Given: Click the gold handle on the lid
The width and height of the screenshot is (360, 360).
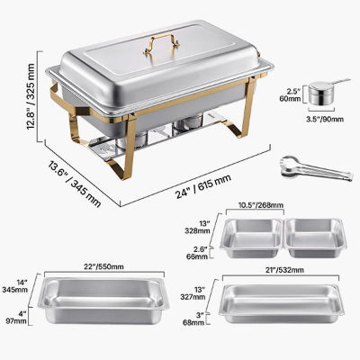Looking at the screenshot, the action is [161, 40].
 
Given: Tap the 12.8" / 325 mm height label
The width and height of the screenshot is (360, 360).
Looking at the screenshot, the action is [31, 96].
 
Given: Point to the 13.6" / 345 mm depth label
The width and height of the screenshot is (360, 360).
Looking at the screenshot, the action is [75, 184].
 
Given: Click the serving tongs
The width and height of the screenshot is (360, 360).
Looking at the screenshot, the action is [316, 168].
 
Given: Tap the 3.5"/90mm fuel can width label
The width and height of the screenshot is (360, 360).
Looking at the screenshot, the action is [325, 119].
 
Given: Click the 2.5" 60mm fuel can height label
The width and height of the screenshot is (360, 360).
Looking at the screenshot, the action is [293, 94].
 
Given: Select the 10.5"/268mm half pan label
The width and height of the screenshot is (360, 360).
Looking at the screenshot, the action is [261, 205].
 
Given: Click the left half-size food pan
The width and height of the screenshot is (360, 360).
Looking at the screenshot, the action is [252, 238].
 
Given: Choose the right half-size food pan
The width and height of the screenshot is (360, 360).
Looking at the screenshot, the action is [315, 238].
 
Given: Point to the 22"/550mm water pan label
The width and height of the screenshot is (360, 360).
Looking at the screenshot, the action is [104, 266].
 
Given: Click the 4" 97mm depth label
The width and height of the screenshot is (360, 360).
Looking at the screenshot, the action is [16, 318].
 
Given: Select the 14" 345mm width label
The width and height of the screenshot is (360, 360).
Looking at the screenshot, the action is [14, 286].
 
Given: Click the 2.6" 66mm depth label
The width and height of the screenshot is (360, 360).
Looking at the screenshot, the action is [197, 253].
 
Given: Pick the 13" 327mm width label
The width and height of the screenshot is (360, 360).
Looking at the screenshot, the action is [193, 293].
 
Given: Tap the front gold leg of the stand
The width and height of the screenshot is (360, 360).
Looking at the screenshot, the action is [128, 148].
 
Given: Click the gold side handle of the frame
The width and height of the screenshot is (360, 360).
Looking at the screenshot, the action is [61, 99].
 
